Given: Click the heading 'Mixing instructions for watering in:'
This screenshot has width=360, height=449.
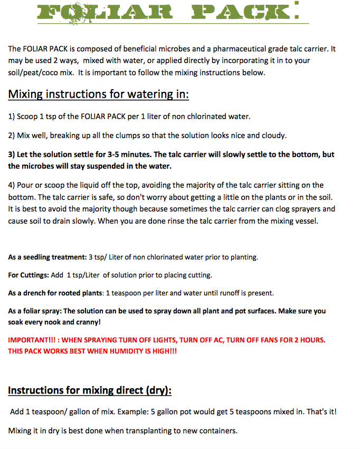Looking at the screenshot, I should (99, 95).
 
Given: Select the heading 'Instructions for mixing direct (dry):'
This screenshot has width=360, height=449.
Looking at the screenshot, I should (90, 391).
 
